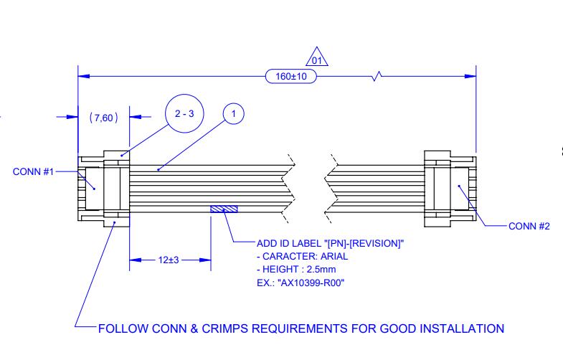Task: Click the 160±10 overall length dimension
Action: (290, 76)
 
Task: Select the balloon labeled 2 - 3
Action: (184, 113)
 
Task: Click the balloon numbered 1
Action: (234, 113)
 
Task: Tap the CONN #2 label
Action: (529, 227)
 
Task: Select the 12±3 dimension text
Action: (169, 260)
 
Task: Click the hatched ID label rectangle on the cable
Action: (224, 209)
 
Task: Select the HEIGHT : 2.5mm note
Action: (297, 270)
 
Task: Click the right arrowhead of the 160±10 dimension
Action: (471, 76)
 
